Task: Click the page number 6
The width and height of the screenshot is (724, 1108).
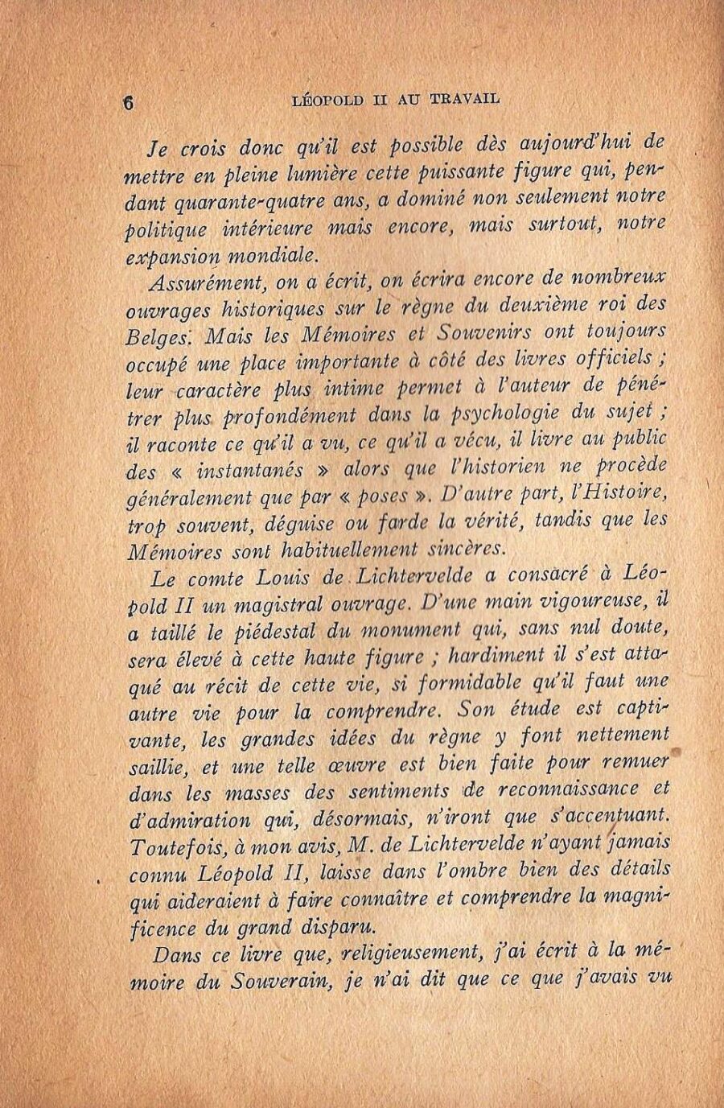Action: [128, 103]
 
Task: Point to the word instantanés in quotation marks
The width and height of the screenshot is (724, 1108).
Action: [250, 470]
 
